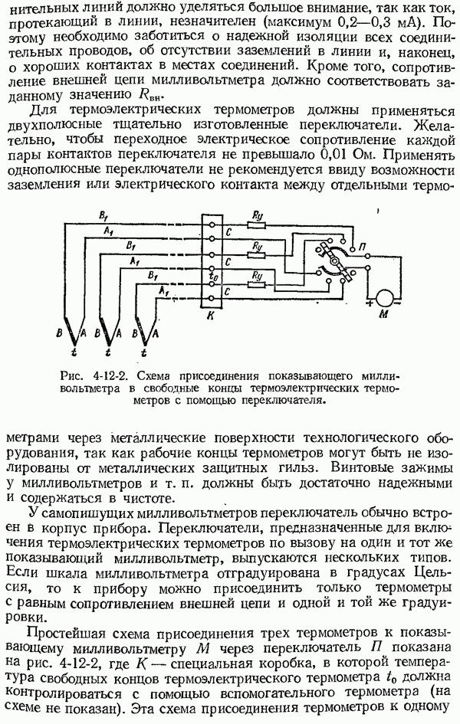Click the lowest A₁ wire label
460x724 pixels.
163,291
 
